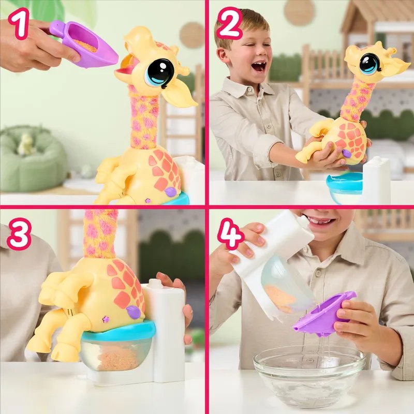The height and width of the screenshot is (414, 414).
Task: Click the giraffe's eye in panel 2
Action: click(x=369, y=64)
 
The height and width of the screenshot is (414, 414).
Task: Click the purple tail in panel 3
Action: click(x=134, y=312)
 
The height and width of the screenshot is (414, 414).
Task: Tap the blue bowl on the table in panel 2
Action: click(x=345, y=184)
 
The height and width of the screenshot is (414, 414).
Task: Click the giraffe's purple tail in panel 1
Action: click(x=171, y=191)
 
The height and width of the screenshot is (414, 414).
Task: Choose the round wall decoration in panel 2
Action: click(x=299, y=11)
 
